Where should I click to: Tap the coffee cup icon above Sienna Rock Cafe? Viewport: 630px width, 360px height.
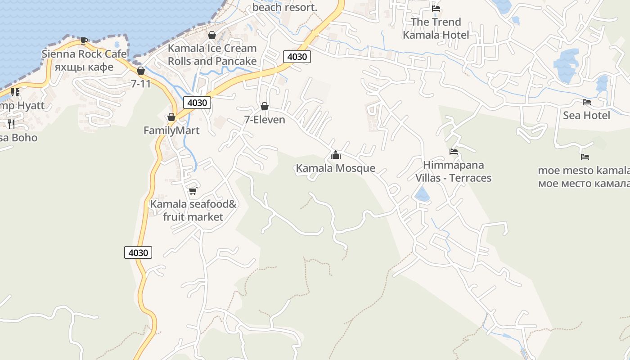(84, 40)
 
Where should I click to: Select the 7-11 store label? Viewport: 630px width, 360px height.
(141, 83)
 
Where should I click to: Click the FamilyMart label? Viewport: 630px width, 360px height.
(171, 130)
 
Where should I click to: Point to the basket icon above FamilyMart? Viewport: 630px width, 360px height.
(171, 117)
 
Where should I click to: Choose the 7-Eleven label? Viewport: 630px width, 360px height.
(265, 120)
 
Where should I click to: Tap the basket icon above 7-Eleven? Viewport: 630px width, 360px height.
(265, 107)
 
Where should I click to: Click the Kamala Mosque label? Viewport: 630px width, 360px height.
(335, 168)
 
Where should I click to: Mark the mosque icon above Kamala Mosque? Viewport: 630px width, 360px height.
(336, 155)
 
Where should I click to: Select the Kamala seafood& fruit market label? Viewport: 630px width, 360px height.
(193, 211)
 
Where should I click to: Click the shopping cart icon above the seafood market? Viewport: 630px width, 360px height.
(193, 191)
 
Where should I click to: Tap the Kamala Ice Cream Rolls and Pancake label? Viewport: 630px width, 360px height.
(212, 54)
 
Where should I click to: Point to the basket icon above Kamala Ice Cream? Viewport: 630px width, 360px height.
(212, 35)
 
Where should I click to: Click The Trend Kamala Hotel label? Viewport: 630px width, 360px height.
(436, 28)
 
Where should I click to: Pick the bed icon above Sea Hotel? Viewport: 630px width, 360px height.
(587, 102)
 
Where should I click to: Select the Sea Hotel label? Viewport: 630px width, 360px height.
(586, 116)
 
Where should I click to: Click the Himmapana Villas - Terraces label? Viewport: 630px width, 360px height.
(453, 171)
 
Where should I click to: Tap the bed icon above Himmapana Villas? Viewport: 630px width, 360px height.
(454, 152)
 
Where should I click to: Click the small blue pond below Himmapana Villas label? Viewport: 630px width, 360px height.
(422, 194)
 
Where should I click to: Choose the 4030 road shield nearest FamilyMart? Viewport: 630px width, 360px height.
(197, 103)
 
